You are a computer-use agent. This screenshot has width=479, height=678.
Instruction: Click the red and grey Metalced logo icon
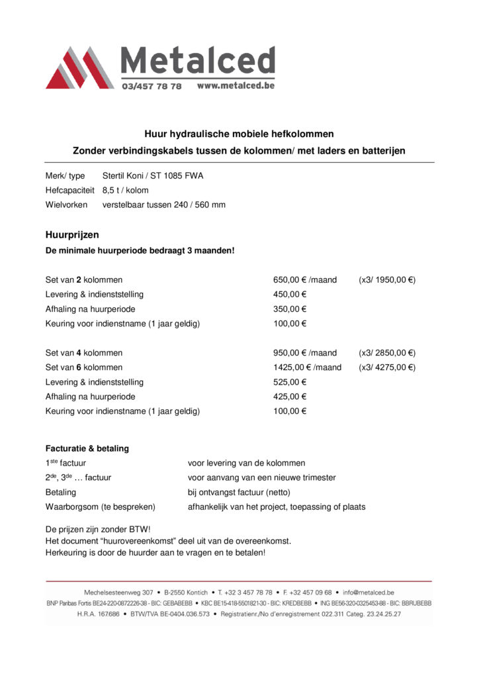pyautogui.click(x=79, y=68)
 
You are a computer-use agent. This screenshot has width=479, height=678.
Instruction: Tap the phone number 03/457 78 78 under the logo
pyautogui.click(x=152, y=87)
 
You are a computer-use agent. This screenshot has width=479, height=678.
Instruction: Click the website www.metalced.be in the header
pyautogui.click(x=235, y=86)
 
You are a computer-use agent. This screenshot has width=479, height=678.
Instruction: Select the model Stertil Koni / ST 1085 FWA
pyautogui.click(x=153, y=175)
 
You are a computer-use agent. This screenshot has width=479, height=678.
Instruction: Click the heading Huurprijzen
pyautogui.click(x=72, y=234)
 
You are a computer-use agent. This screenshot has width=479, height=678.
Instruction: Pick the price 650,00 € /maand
pyautogui.click(x=305, y=280)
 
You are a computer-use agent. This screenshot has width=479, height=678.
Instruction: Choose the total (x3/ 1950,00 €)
pyautogui.click(x=387, y=280)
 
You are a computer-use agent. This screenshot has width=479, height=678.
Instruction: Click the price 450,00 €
pyautogui.click(x=290, y=295)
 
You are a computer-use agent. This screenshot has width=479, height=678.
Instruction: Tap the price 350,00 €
pyautogui.click(x=290, y=309)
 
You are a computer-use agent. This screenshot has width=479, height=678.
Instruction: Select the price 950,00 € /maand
pyautogui.click(x=305, y=353)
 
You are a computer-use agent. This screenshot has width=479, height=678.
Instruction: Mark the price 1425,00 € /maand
pyautogui.click(x=308, y=367)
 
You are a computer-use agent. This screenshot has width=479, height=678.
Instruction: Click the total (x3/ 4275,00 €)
pyautogui.click(x=387, y=367)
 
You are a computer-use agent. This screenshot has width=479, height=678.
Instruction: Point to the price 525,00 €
pyautogui.click(x=290, y=382)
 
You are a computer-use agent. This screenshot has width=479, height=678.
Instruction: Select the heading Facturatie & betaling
pyautogui.click(x=87, y=448)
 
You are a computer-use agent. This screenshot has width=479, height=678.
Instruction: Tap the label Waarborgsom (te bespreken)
pyautogui.click(x=100, y=507)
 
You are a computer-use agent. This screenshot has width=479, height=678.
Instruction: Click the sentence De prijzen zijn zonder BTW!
pyautogui.click(x=98, y=530)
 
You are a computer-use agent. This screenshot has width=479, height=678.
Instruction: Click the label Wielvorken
pyautogui.click(x=67, y=205)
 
